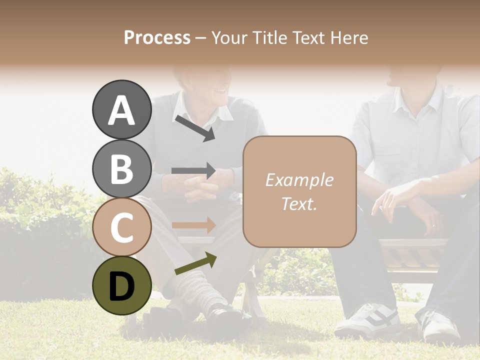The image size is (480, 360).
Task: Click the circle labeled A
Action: pyautogui.click(x=122, y=110)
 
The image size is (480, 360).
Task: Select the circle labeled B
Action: pyautogui.click(x=122, y=168)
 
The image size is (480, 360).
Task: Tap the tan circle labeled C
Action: pyautogui.click(x=122, y=227)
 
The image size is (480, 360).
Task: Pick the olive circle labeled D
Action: pyautogui.click(x=122, y=286)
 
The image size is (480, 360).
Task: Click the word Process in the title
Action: pyautogui.click(x=157, y=37)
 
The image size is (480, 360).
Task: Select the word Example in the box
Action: pyautogui.click(x=299, y=180)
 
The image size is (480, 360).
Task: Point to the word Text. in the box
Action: pyautogui.click(x=299, y=203)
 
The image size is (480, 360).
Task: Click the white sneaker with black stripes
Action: pyautogui.click(x=367, y=320)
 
